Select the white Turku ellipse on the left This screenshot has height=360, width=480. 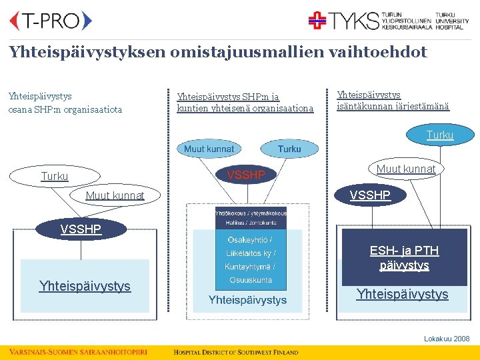point(55,177)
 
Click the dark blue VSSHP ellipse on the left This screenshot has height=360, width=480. point(81,229)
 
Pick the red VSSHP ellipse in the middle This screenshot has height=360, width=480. point(246,175)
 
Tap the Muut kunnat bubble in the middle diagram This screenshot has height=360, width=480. point(209,149)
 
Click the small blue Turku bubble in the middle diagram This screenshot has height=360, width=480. point(289,149)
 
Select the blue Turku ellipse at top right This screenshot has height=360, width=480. point(440,135)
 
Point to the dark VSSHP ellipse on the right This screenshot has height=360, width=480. point(371,196)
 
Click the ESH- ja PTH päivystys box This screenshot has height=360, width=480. point(405,257)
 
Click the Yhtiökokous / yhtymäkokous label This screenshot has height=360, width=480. point(251,213)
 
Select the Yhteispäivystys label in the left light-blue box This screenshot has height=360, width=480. point(85,287)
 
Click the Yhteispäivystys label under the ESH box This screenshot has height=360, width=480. point(402,294)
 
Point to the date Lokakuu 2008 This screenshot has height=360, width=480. point(447,339)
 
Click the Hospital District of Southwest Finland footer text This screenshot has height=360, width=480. point(236,352)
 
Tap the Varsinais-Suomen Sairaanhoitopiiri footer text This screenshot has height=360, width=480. point(78,352)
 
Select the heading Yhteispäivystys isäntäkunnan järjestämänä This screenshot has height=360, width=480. point(393,101)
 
